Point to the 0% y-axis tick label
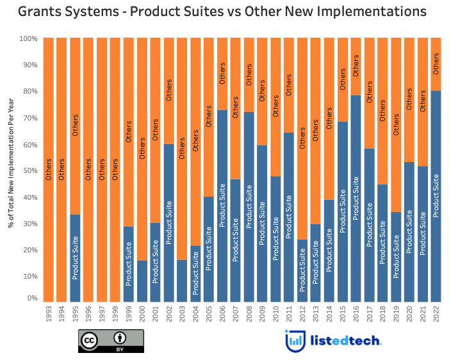(30, 299)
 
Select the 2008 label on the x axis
(249, 316)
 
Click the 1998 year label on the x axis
(115, 316)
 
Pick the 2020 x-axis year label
(409, 316)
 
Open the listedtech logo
(333, 341)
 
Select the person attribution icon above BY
(119, 338)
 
